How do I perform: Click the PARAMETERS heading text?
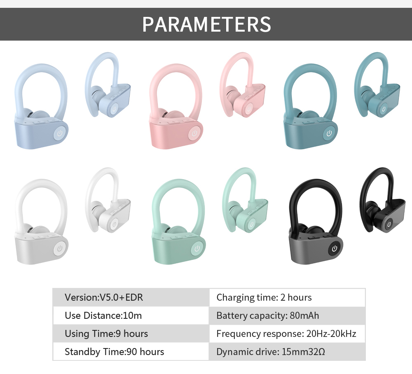[x=206, y=24]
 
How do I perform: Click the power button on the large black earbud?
[x=334, y=248]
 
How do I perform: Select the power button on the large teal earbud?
[x=329, y=133]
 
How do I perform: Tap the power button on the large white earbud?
[x=60, y=248]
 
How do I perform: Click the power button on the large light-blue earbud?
[x=60, y=133]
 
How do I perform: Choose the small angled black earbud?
[x=382, y=200]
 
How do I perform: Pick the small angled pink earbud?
[x=242, y=84]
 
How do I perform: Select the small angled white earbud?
[x=108, y=200]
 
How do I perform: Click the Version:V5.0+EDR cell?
[x=131, y=297]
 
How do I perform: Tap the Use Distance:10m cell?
[x=131, y=316]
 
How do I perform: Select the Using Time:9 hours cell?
[x=131, y=334]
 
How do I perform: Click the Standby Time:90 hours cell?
[x=131, y=352]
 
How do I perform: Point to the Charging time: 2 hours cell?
[x=287, y=297]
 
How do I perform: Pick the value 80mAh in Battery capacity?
[x=304, y=316]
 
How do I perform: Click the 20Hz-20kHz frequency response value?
[x=331, y=334]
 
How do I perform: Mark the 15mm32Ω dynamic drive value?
[x=303, y=352]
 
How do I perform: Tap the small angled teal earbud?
[x=377, y=84]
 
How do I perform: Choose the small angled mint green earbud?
[x=245, y=200]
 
